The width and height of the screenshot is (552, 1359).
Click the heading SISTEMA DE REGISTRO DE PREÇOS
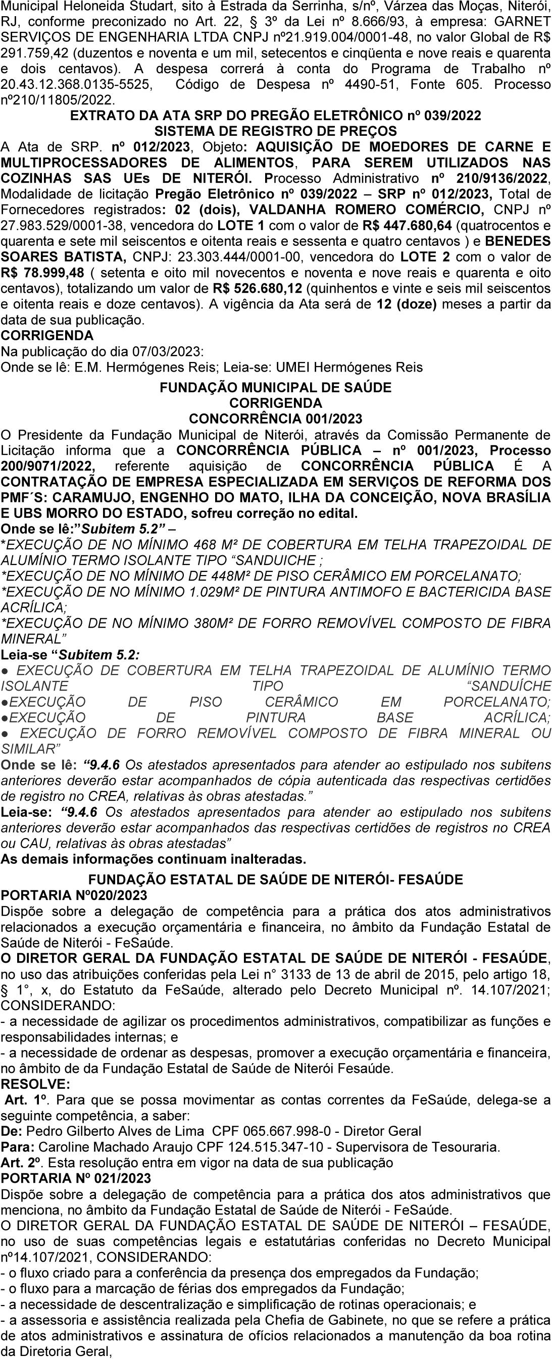point(275,131)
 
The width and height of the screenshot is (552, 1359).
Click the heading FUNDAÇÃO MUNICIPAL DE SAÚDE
point(275,388)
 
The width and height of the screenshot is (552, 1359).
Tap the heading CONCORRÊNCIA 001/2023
point(275,419)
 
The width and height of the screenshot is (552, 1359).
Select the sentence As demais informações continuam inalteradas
point(154,859)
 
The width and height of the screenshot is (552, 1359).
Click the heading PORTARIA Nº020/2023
point(74,896)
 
